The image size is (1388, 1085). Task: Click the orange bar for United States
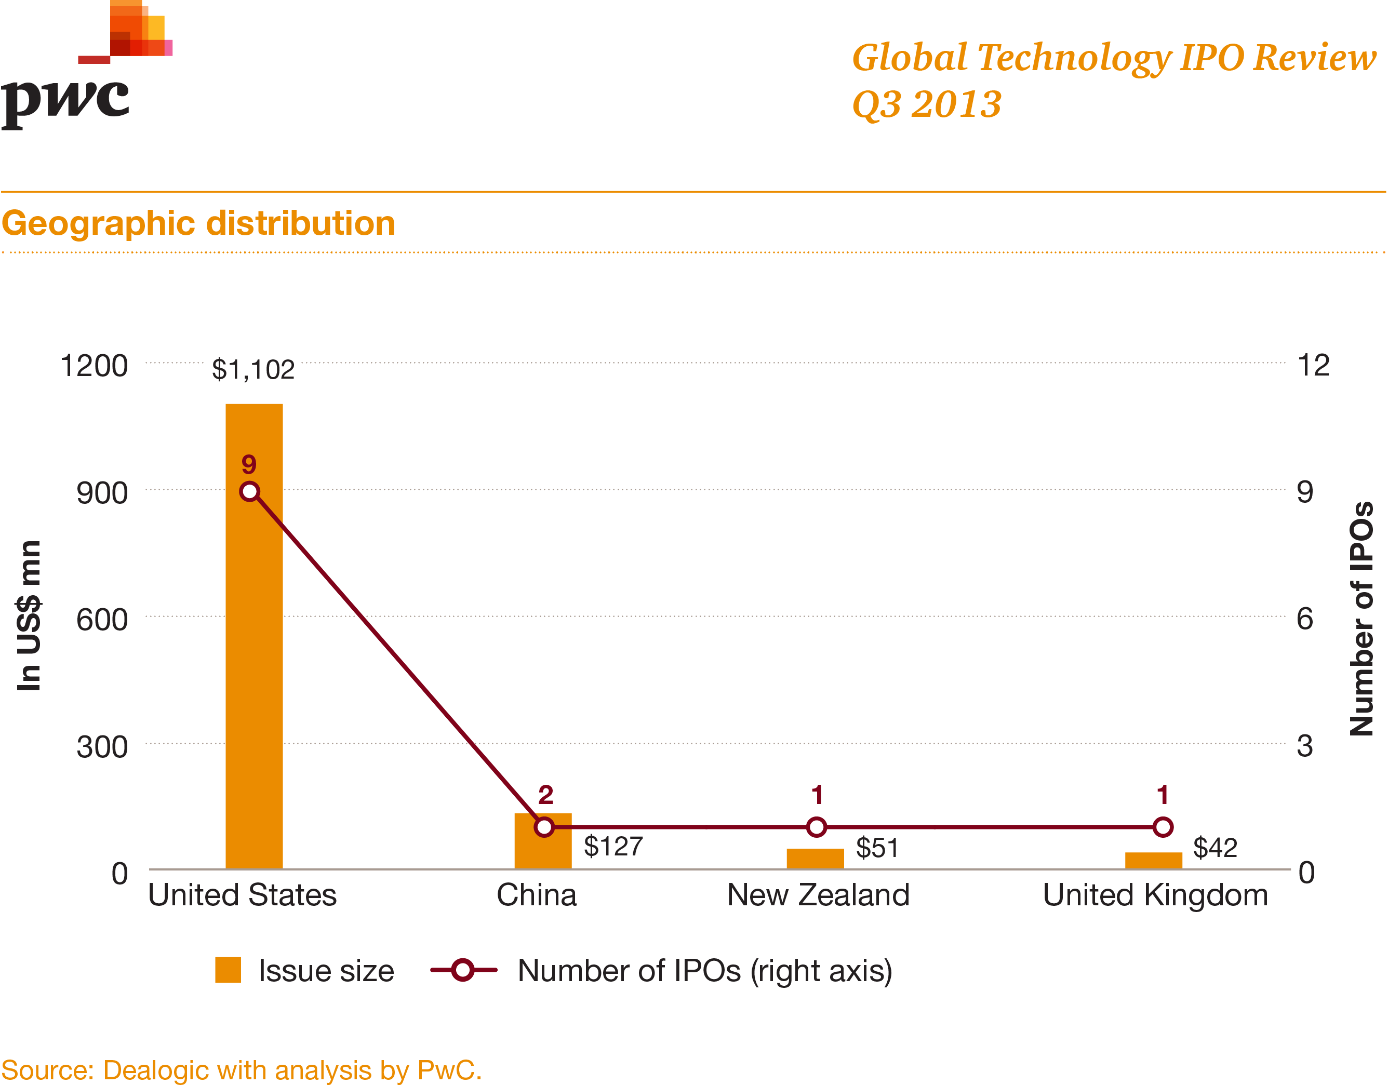click(253, 636)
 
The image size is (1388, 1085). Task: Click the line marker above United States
click(250, 491)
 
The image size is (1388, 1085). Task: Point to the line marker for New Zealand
click(817, 827)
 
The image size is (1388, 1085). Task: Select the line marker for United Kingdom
click(1163, 827)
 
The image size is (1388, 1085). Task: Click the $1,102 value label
click(253, 369)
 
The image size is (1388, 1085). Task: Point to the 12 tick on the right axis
click(1313, 366)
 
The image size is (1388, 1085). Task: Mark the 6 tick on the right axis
click(1305, 619)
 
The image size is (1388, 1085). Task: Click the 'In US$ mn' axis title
click(29, 615)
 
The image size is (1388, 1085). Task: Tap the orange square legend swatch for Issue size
click(228, 970)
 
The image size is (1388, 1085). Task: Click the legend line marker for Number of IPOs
click(463, 970)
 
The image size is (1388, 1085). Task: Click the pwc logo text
click(65, 102)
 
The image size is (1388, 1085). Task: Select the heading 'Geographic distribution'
click(198, 223)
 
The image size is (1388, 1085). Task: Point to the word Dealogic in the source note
click(156, 1070)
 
